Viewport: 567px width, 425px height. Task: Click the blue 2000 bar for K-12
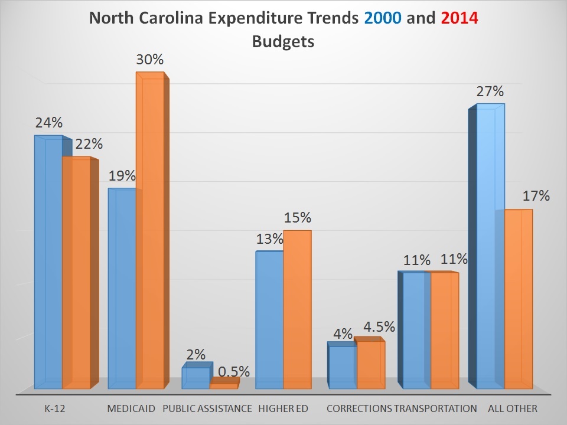[48, 263]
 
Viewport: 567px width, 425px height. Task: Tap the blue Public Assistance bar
[195, 378]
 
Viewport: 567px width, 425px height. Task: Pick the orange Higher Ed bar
[297, 309]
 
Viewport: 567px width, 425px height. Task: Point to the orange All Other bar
[519, 299]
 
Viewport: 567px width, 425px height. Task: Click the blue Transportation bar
[416, 331]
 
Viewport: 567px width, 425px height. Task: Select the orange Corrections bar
[371, 365]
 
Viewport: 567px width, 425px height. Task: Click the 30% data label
[150, 60]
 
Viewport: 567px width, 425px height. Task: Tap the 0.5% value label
[234, 372]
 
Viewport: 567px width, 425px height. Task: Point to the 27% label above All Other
[490, 91]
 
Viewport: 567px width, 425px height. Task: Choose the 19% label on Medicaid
[122, 176]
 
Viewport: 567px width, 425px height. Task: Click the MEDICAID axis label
[131, 408]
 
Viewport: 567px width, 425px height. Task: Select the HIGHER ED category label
[283, 408]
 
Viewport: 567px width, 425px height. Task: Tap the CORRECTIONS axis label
[359, 408]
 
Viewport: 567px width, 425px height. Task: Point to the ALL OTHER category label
[513, 408]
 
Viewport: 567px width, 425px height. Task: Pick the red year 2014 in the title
[459, 19]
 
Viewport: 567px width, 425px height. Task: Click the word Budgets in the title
[283, 42]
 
